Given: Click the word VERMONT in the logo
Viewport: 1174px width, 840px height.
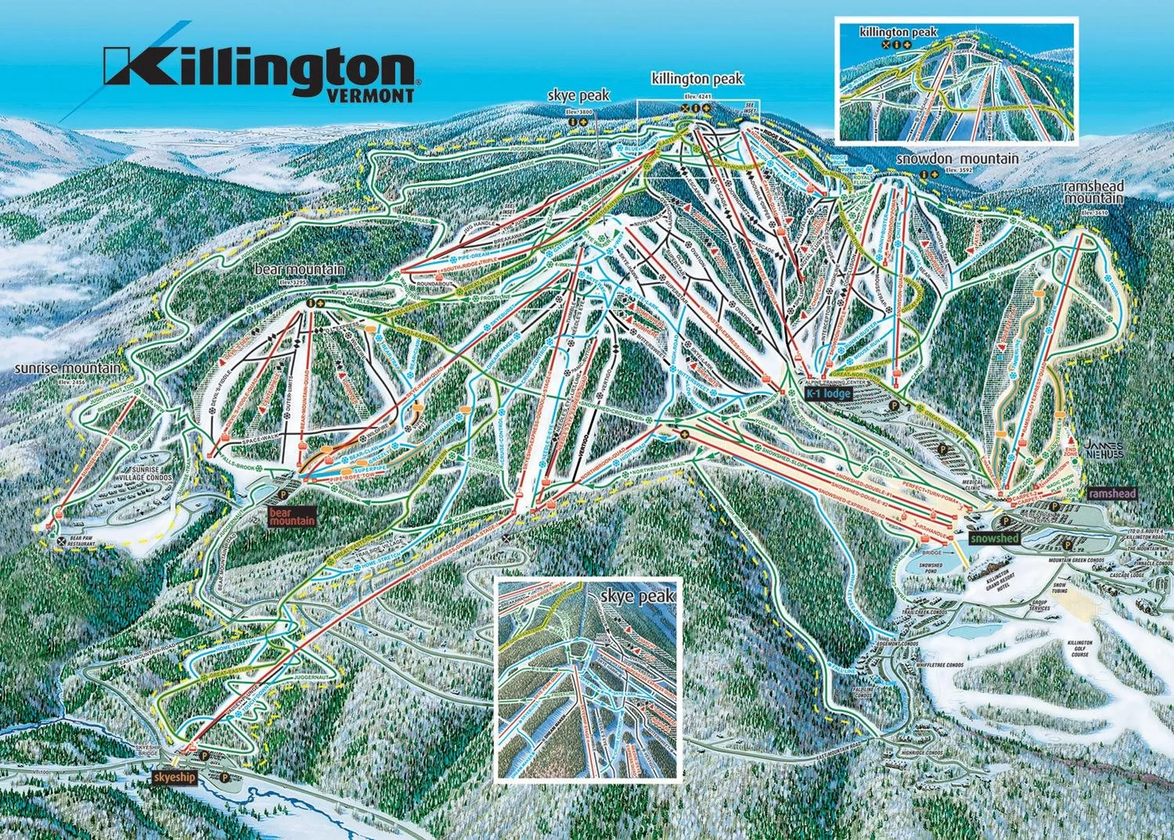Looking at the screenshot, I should pos(371,96).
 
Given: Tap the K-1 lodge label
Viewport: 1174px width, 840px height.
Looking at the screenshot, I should pos(828,393).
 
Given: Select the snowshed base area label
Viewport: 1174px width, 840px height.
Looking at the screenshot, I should pos(994,538).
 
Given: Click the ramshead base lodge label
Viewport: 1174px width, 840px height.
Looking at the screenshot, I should pos(1112,493).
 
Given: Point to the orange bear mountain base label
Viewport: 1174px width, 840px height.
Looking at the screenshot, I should pos(292,517).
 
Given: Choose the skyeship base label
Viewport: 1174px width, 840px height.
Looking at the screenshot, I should pos(175,777).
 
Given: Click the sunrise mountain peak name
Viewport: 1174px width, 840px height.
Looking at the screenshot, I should pos(67,369).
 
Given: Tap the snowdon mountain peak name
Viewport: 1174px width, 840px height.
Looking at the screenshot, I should pos(957,159).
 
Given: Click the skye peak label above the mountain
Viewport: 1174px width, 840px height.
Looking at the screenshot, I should pos(578,95).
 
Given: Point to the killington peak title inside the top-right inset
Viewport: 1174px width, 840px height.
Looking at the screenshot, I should pos(898,32).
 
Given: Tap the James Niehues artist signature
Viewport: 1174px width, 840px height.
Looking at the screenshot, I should pos(1104,450).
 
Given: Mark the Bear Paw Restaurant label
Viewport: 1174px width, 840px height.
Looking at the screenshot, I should pos(81,542).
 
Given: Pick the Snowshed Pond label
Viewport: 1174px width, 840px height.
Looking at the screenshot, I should pos(930,569).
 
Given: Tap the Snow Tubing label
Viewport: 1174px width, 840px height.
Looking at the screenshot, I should pos(1059,588).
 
